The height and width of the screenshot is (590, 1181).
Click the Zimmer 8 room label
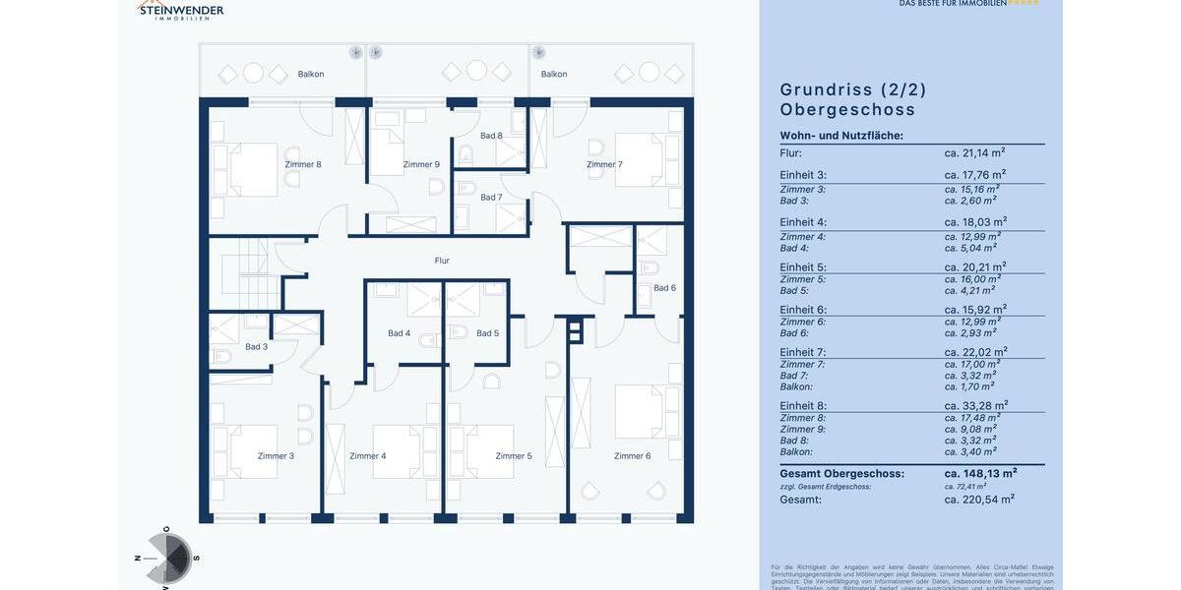pos(303,164)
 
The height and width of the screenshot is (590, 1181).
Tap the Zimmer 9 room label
pos(421,164)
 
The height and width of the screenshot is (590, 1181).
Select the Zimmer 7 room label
pos(604,164)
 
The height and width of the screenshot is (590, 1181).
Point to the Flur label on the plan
pos(442,261)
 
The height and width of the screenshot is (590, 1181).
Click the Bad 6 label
pos(665,288)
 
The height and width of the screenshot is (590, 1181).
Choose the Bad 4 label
pos(400,333)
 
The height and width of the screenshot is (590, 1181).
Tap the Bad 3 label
pos(256,346)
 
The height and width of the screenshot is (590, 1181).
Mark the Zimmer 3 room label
pos(276,455)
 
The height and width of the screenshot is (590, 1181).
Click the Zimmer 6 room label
pos(632,455)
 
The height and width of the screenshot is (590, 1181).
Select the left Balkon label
pos(311,74)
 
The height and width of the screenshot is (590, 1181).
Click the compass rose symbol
pos(168,559)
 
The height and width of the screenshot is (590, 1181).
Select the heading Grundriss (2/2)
pos(853,89)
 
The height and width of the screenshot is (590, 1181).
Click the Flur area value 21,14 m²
pos(974,152)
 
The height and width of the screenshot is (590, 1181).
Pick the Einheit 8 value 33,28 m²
pos(975,405)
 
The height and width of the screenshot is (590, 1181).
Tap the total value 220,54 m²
pos(979,500)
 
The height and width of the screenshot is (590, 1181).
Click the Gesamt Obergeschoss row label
pos(841,473)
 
